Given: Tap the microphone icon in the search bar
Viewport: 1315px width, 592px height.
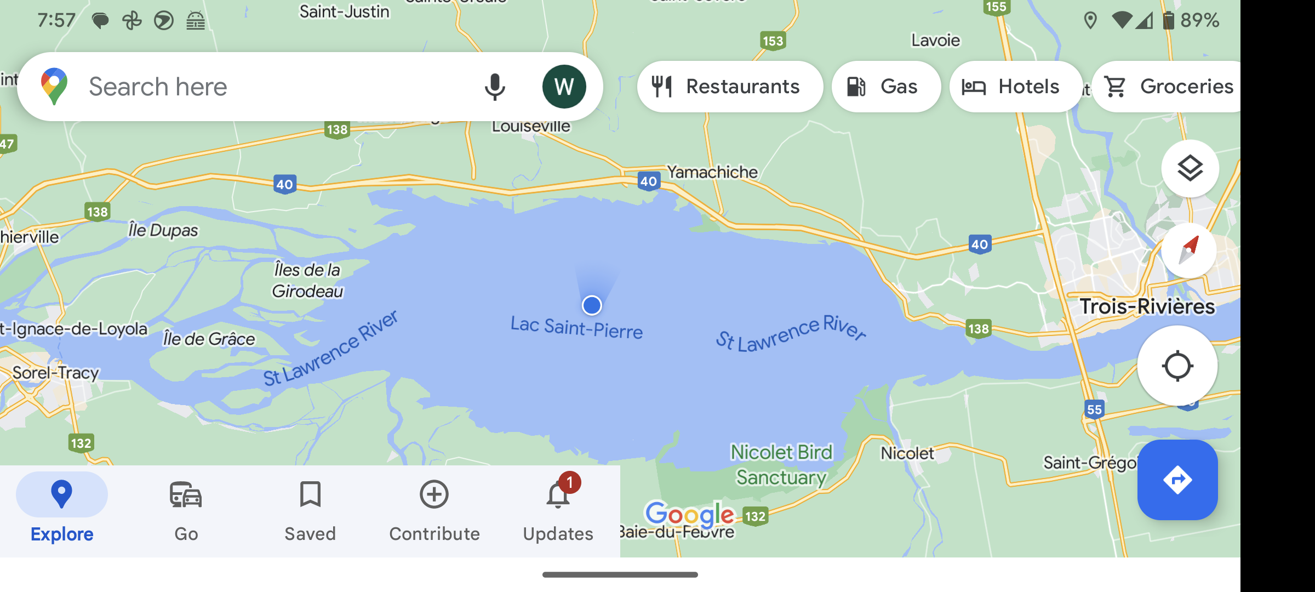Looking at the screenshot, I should click(x=494, y=87).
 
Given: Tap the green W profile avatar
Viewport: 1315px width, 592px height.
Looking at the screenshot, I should click(x=564, y=87).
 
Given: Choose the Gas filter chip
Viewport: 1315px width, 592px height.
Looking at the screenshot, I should click(x=885, y=87).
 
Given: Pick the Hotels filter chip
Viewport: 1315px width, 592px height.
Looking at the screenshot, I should click(x=1015, y=87).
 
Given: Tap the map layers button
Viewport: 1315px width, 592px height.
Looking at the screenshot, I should click(x=1190, y=168).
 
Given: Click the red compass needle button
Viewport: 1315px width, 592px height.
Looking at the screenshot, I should click(x=1190, y=251).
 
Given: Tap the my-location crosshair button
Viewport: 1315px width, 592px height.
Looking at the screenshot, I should click(x=1177, y=366).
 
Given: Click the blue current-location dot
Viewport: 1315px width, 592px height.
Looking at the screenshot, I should click(x=592, y=305).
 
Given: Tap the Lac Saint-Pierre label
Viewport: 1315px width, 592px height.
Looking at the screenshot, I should click(x=576, y=328).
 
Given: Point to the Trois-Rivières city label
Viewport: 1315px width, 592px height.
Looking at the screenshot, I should click(x=1147, y=306).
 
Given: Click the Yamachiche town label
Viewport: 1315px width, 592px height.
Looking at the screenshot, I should click(x=712, y=172).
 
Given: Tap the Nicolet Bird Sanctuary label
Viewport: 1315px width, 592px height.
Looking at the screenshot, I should click(x=781, y=465).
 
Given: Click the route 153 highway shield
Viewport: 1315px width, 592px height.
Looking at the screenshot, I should click(x=773, y=41).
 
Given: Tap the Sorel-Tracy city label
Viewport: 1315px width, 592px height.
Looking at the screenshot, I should click(x=56, y=373).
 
